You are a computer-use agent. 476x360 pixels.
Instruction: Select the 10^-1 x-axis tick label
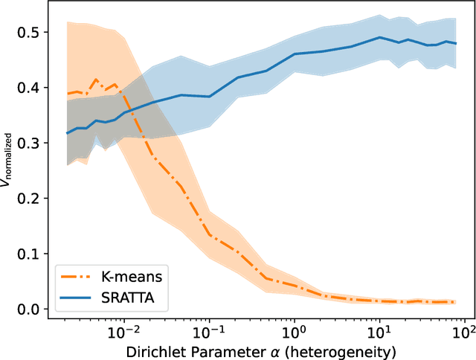(209, 329)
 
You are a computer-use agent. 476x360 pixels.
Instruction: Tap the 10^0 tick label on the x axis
(295, 329)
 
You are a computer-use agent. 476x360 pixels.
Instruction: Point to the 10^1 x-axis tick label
(380, 329)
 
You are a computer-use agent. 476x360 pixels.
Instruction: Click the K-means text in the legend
(131, 277)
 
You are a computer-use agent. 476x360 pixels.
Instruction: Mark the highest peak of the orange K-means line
(95, 79)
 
